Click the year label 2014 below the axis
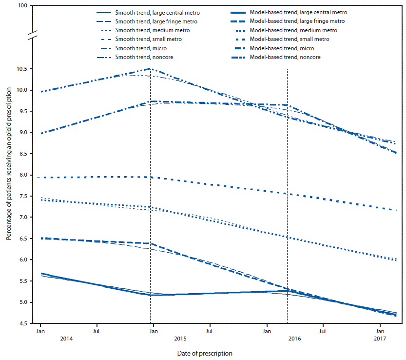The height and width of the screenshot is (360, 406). (40, 338)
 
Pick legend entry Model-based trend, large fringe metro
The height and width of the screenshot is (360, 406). (297, 21)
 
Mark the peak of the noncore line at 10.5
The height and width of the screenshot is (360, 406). (150, 69)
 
